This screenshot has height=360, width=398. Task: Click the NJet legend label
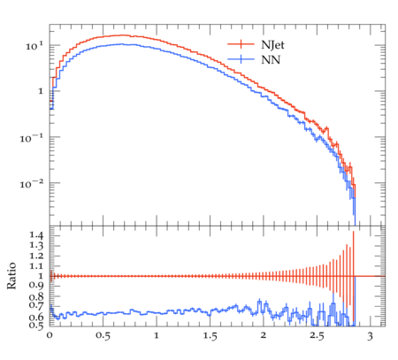point(272,45)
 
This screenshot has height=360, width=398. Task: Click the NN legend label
point(271,60)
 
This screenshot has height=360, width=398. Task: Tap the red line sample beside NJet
point(241,44)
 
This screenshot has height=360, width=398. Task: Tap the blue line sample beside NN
point(241,59)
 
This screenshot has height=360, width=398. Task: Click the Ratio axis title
point(11,276)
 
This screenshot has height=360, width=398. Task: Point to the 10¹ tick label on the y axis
point(34,46)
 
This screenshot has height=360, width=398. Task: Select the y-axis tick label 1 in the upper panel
point(41,91)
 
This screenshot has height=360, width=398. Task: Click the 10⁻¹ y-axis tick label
point(32,138)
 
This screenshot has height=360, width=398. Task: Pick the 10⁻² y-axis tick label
point(32,184)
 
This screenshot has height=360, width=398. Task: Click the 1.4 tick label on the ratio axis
point(36,235)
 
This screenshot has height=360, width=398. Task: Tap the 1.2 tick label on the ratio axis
point(36,256)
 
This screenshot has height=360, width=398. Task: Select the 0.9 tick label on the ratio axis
point(36,285)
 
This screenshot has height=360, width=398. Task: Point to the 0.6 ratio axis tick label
point(36,317)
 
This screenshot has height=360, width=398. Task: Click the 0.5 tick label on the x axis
point(103,336)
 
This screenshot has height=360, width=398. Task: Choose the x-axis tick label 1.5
point(210,336)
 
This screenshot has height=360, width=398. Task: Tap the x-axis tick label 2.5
point(317,336)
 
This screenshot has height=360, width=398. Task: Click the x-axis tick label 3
point(371,336)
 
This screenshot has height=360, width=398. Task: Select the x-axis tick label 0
point(50,335)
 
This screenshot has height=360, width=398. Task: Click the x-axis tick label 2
point(264,335)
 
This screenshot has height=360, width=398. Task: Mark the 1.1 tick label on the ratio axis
point(36,266)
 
